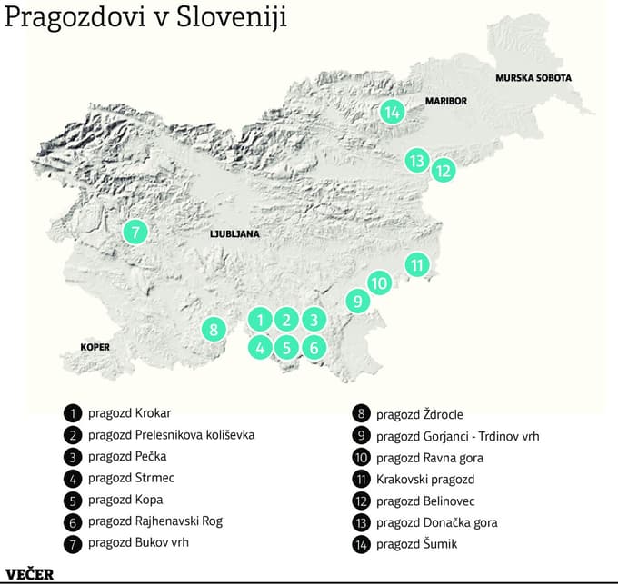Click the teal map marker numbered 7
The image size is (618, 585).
135,232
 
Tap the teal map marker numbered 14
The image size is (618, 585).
393,112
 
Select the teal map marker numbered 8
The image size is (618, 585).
213,329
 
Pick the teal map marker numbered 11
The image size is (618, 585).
416,265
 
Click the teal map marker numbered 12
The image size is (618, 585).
443,169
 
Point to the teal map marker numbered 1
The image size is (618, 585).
260,319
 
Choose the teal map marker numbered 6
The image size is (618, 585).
313,346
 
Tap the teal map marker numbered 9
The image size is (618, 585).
357,301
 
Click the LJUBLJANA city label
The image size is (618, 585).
234,233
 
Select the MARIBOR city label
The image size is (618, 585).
445,101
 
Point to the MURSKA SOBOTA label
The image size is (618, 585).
533,78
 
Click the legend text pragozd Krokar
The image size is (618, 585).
129,412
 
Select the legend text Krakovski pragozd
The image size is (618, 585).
424,479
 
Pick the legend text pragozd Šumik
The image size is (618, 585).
416,544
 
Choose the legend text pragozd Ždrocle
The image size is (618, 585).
419,414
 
